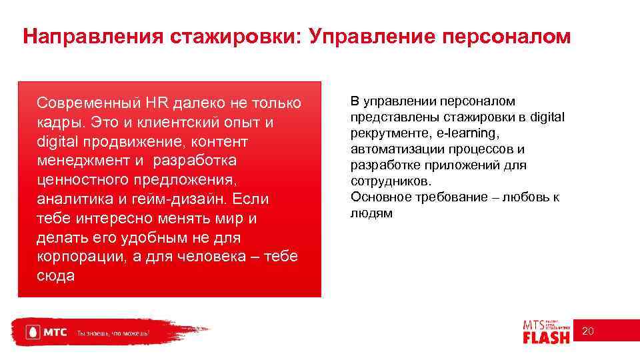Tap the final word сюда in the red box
click(56, 276)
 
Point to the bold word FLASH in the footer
click(547, 337)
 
